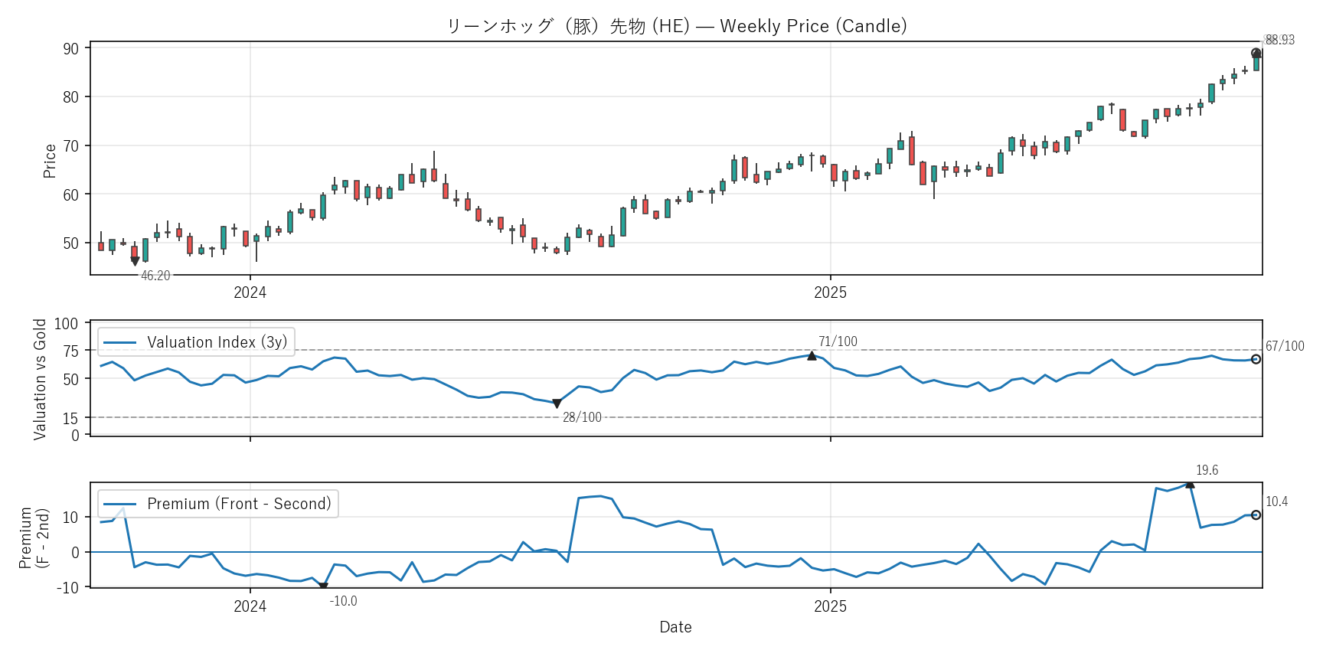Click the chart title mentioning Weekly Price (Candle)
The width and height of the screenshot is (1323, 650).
tap(676, 26)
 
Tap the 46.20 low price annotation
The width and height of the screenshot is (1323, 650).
tap(155, 276)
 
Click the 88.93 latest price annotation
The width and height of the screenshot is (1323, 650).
tap(1279, 40)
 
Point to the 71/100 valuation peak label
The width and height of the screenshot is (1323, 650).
tap(838, 341)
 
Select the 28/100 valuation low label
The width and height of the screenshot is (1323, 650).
tap(582, 417)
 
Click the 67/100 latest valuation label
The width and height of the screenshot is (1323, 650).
tap(1285, 346)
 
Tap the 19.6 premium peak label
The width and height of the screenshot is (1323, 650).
tap(1207, 470)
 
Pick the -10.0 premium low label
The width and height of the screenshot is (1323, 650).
tap(343, 601)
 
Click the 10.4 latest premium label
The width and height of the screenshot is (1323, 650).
tap(1276, 501)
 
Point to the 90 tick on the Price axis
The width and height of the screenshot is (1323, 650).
tap(71, 48)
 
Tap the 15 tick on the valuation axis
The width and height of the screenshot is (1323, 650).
tap(70, 418)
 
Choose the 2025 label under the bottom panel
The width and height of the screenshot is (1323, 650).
tap(830, 606)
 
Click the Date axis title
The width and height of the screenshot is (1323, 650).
tap(675, 627)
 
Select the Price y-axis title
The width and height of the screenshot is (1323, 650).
tap(50, 161)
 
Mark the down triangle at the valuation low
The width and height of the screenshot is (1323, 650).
tap(557, 403)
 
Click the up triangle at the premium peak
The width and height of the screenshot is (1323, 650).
tap(1190, 483)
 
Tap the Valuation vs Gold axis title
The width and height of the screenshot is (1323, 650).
tap(40, 379)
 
